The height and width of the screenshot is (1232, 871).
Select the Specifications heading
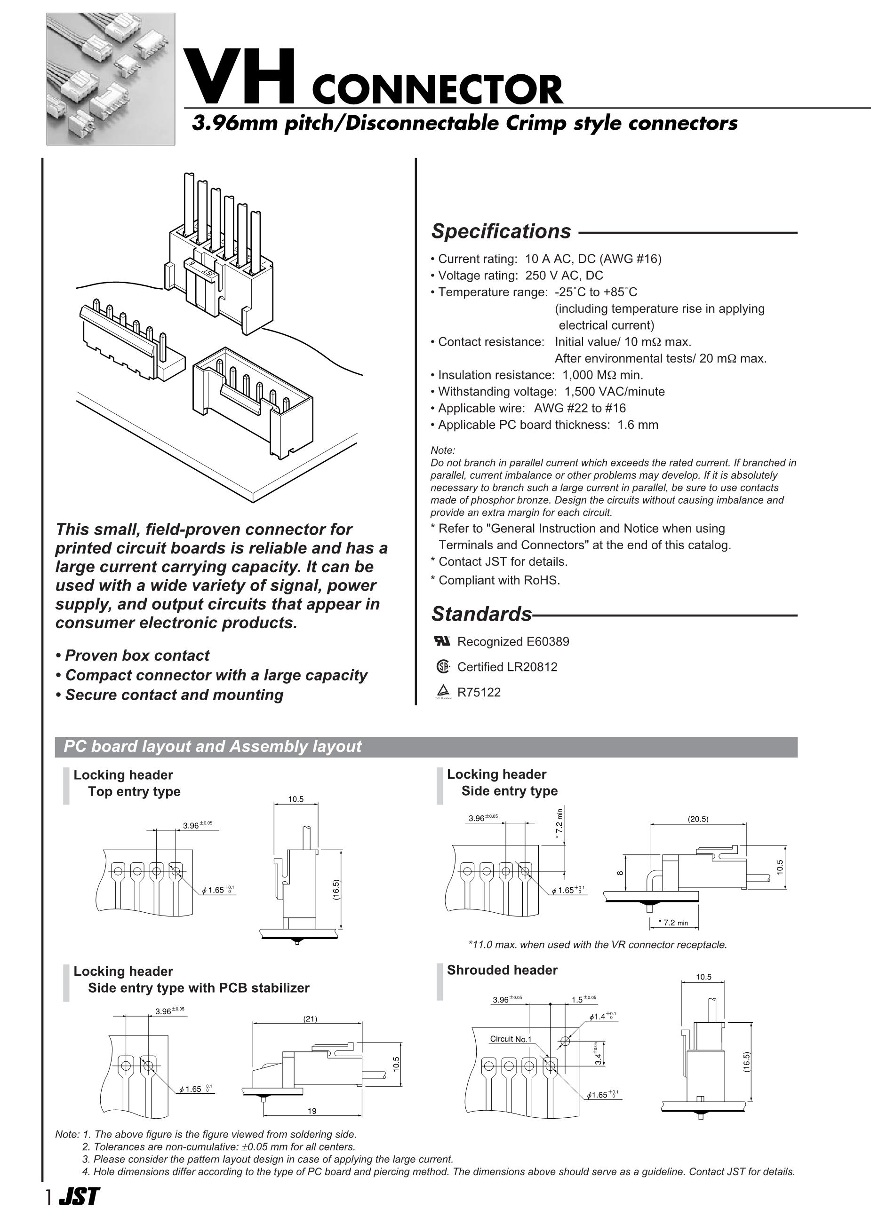point(501,231)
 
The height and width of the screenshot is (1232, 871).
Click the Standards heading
point(481,614)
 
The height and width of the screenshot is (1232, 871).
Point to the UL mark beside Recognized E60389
point(441,640)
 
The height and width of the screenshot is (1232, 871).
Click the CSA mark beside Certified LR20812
point(442,666)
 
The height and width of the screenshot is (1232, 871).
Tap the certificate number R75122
point(479,692)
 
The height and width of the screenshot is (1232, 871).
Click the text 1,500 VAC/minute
point(615,392)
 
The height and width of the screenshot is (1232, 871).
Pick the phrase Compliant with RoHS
point(499,580)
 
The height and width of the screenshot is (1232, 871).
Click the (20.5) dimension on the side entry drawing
point(697,819)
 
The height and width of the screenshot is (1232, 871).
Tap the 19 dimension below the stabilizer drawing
point(312,1111)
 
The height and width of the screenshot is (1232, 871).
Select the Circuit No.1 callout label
point(510,1039)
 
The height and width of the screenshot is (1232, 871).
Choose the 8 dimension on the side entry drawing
point(621,872)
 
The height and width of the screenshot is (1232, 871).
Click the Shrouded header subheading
point(502,970)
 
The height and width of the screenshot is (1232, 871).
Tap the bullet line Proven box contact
point(136,655)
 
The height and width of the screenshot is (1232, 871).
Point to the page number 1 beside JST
point(49,1212)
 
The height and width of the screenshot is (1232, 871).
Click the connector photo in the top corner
point(111,79)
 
